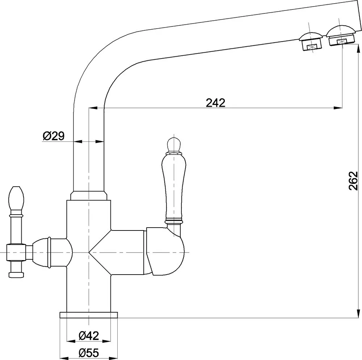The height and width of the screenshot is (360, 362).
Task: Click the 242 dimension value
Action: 215,103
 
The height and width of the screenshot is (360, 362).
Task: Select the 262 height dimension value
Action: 353,181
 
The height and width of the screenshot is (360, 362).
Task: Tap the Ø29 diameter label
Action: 53,136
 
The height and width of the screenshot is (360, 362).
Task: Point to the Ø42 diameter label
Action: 89,335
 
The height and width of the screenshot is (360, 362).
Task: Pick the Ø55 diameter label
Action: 89,352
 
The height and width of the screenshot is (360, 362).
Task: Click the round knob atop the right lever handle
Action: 174,145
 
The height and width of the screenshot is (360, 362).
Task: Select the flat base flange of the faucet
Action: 89,315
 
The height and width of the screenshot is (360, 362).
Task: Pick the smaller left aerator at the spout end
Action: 310,41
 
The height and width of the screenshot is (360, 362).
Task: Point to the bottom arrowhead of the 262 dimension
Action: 358,314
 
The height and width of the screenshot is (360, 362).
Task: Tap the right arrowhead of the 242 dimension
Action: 338,107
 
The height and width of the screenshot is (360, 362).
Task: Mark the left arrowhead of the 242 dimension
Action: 93,107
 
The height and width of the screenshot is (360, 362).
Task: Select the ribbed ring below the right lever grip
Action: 174,221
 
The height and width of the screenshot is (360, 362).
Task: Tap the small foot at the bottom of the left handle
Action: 16,275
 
